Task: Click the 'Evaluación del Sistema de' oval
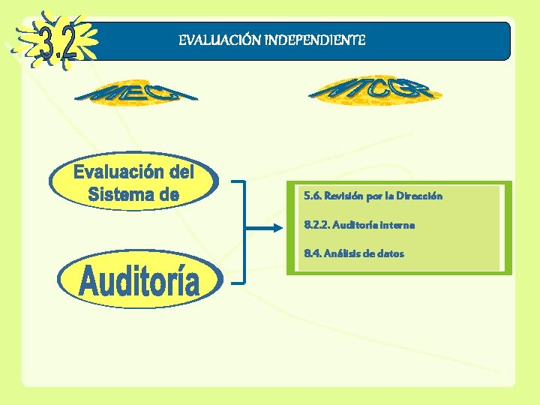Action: tap(133, 183)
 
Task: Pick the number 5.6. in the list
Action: tap(313, 196)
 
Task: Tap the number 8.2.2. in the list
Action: tap(316, 224)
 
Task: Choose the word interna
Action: tap(396, 224)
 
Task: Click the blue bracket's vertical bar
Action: tap(244, 232)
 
